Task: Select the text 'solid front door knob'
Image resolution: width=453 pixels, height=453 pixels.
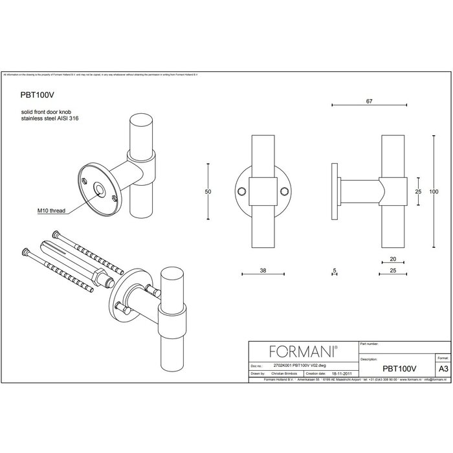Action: pos(45,112)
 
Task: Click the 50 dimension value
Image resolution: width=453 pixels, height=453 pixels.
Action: pos(208,192)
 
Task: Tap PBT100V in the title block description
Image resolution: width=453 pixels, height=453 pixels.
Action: pos(399,368)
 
